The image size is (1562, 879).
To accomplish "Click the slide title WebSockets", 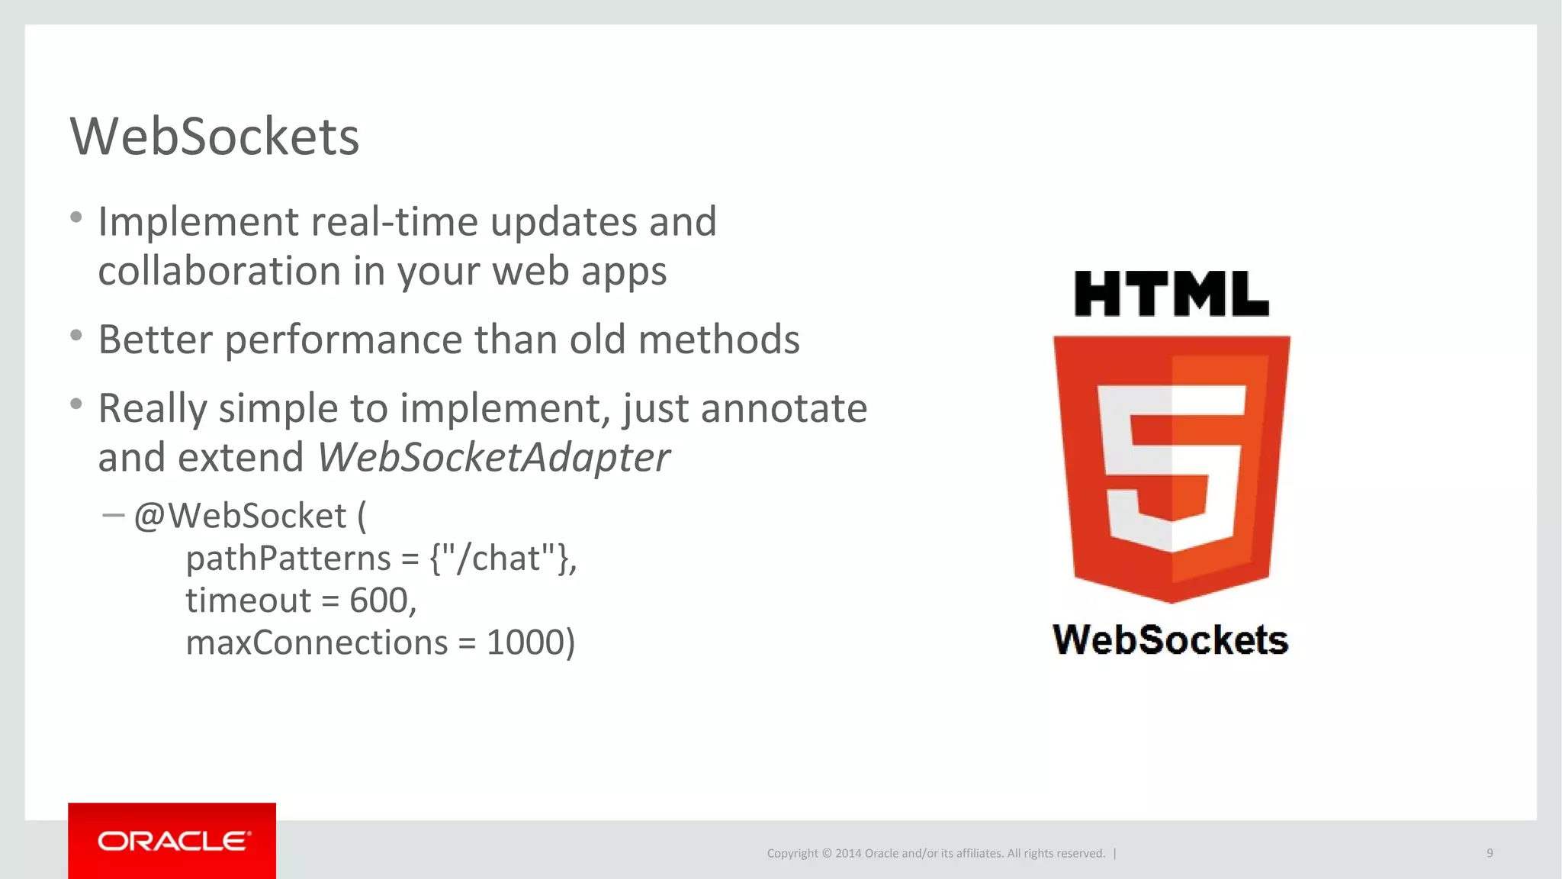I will tap(214, 137).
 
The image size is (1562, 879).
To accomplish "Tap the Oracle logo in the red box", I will tap(173, 841).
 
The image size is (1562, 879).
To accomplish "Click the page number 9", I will tap(1490, 853).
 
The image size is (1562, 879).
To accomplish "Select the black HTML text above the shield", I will tap(1171, 294).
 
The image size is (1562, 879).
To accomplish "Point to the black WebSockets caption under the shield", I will tap(1170, 639).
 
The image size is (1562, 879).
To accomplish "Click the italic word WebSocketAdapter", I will tap(493, 458).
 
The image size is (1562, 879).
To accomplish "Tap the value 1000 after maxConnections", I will tap(525, 642).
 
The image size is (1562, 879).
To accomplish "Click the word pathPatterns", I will tap(288, 559).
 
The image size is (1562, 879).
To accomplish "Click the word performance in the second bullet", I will tap(343, 340).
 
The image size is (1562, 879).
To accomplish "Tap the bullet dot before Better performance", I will tap(76, 336).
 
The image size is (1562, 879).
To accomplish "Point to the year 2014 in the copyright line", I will tap(848, 853).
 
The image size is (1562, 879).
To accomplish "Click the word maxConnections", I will tap(317, 642).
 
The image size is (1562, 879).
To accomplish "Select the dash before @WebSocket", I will tap(113, 516).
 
